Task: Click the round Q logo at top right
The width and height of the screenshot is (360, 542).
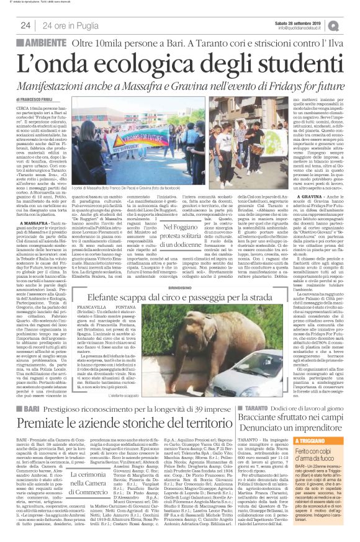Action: pos(351,25)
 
